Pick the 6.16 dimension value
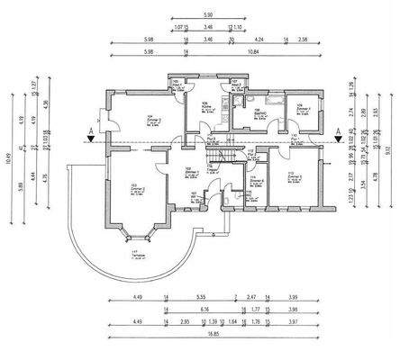pyautogui.click(x=205, y=308)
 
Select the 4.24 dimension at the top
pyautogui.click(x=259, y=40)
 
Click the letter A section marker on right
pyautogui.click(x=337, y=131)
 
